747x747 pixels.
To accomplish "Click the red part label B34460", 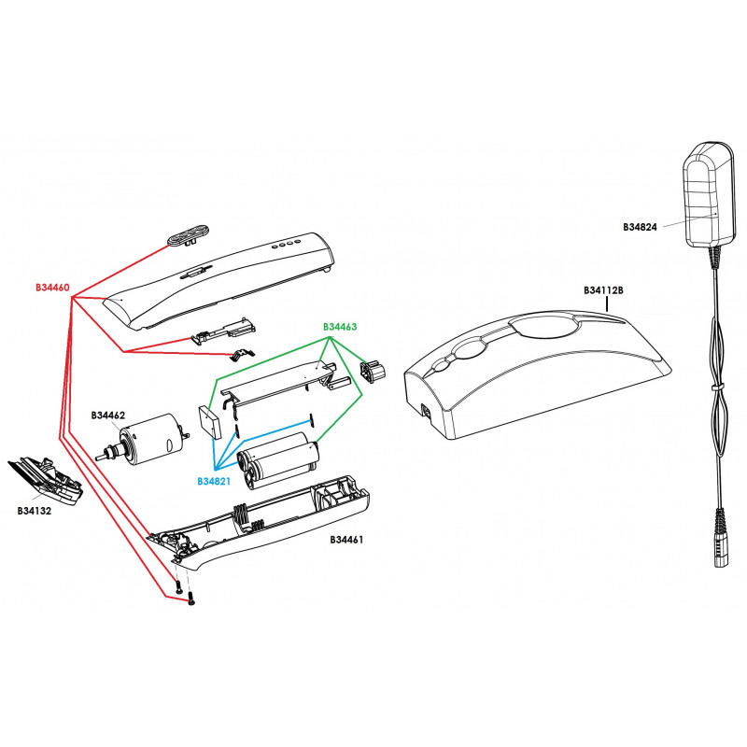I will coord(52,287).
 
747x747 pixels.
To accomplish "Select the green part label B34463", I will coord(341,327).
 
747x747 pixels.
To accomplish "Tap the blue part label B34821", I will coord(216,481).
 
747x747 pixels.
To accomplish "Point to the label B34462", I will coord(108,415).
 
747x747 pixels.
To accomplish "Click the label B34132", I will coord(35,511).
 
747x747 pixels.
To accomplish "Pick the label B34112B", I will coord(603,290).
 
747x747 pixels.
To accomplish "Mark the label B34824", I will coord(641,226).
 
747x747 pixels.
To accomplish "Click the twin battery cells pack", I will coord(278,458).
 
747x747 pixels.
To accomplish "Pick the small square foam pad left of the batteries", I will coord(209,421).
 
